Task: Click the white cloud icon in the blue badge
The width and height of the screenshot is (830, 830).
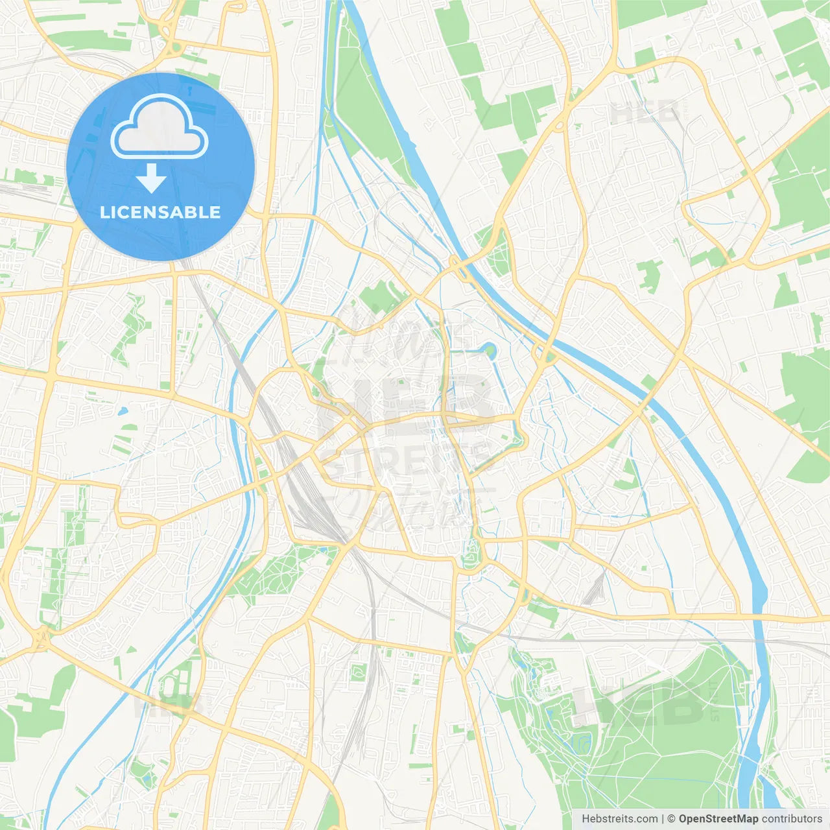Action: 160,127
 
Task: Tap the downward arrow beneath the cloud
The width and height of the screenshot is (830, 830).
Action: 152,179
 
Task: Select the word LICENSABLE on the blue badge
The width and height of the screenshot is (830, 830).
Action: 160,212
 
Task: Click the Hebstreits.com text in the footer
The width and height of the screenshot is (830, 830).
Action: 619,818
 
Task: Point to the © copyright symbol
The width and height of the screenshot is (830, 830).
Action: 672,818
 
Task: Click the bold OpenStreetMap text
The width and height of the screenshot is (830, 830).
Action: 718,818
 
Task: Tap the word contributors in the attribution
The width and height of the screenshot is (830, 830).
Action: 792,818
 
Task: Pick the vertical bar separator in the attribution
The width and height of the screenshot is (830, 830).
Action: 663,818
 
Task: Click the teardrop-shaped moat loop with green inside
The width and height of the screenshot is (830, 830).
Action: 490,351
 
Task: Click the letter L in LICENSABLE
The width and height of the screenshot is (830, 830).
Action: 104,212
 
